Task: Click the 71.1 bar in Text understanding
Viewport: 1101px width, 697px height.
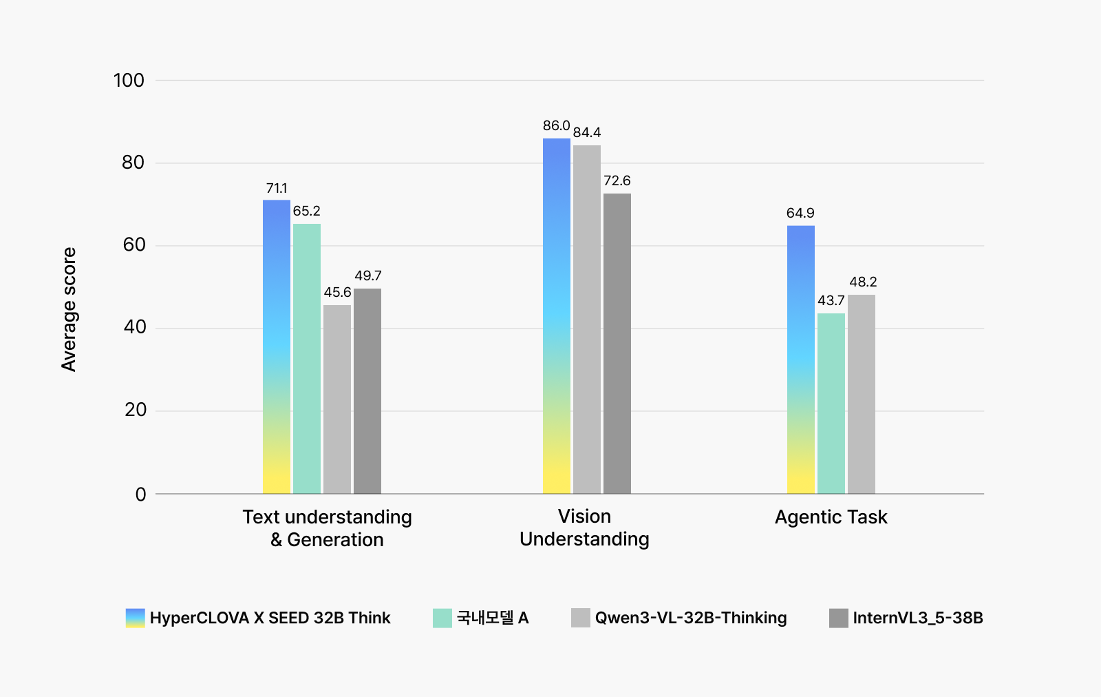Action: [x=277, y=346]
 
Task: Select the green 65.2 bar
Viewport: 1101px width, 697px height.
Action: [x=307, y=358]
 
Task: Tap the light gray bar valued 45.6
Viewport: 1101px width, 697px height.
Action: [x=337, y=399]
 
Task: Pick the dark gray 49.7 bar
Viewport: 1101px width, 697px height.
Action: [x=367, y=391]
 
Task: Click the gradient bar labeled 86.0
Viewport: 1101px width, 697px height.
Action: [x=557, y=316]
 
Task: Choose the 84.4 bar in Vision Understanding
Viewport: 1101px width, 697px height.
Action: [x=587, y=320]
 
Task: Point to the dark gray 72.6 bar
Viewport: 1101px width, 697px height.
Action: [x=617, y=344]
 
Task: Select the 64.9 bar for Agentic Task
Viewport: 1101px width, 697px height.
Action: [x=801, y=360]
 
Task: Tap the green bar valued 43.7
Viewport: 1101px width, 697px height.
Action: [x=831, y=404]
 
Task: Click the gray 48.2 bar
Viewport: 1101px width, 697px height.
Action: [x=862, y=394]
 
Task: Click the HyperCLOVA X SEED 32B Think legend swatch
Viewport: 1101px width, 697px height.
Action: [x=136, y=618]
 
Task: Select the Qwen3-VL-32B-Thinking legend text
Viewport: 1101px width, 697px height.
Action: [x=691, y=618]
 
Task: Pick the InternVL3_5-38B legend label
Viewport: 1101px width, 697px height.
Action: [x=918, y=618]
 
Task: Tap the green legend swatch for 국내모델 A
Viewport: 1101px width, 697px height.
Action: [x=442, y=618]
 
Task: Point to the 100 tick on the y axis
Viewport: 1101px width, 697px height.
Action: [x=129, y=81]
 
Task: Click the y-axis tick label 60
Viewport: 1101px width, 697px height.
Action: [x=133, y=245]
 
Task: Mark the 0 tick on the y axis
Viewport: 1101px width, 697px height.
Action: [x=140, y=494]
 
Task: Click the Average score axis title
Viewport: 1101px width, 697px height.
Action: [x=69, y=309]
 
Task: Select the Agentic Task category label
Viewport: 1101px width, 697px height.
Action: [x=831, y=517]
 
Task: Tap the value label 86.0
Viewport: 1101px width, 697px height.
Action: [x=556, y=126]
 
